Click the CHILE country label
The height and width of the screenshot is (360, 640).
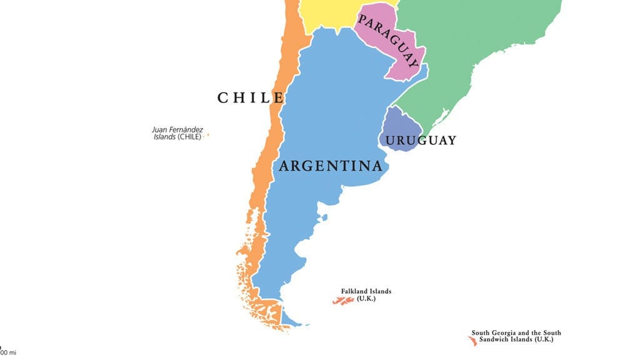[251, 97]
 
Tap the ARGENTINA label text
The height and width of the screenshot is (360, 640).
[330, 166]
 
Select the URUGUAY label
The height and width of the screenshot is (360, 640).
[420, 141]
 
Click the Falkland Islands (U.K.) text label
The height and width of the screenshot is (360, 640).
[366, 295]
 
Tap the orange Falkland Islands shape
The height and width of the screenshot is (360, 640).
[343, 301]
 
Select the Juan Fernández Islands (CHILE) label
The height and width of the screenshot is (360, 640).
[177, 133]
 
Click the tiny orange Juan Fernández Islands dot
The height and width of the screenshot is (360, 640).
[208, 134]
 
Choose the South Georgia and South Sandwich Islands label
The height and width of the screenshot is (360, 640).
[516, 336]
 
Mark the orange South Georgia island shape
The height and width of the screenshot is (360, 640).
[472, 341]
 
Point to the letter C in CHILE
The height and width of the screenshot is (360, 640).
[223, 97]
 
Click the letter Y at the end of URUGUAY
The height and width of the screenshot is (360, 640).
[451, 141]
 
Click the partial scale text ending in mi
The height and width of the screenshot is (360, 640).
[9, 353]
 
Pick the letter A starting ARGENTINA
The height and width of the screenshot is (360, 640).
[284, 166]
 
